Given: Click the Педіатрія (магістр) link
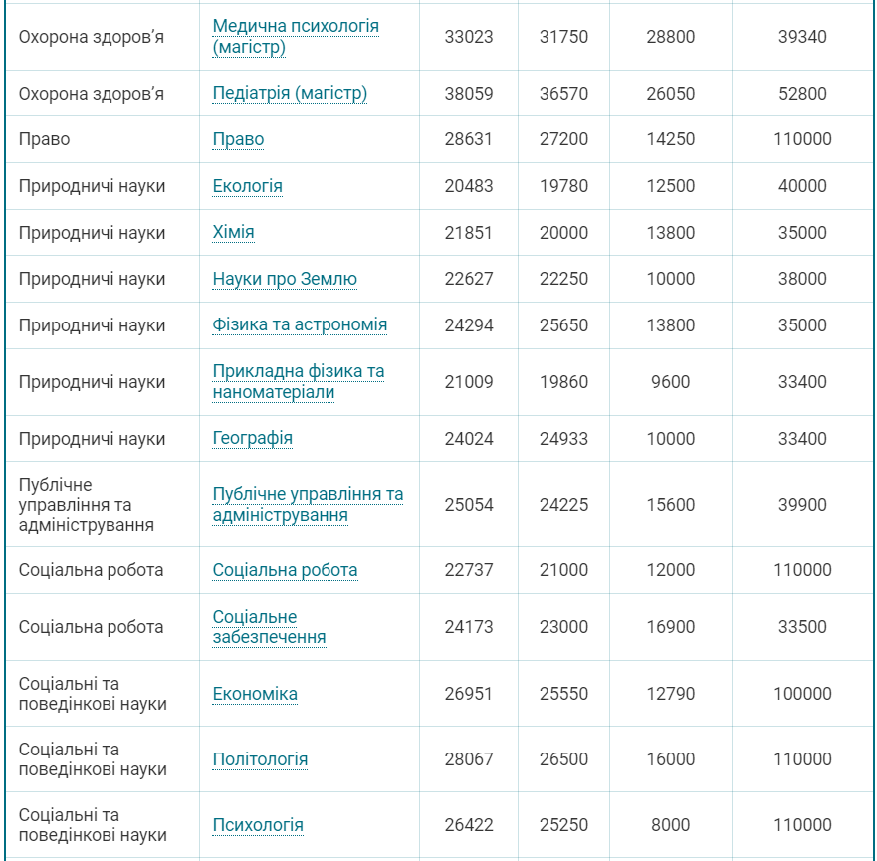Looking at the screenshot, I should pyautogui.click(x=290, y=94).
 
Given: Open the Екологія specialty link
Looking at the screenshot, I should pyautogui.click(x=248, y=186).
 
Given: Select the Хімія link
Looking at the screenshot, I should pyautogui.click(x=234, y=233).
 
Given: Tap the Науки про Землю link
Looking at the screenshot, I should pyautogui.click(x=285, y=279).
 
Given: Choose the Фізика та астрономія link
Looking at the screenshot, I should pyautogui.click(x=300, y=325).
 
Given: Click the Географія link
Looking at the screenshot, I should pyautogui.click(x=253, y=439).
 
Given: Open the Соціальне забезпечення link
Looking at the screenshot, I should pyautogui.click(x=269, y=627).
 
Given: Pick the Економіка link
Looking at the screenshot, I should pyautogui.click(x=255, y=694).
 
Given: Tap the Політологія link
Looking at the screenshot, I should pyautogui.click(x=260, y=759).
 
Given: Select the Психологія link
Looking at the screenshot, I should pyautogui.click(x=258, y=825).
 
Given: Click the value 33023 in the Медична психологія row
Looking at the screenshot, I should pyautogui.click(x=469, y=37).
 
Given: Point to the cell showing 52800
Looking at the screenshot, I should pyautogui.click(x=802, y=94).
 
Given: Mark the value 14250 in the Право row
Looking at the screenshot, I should pyautogui.click(x=670, y=139).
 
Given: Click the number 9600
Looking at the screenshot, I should pyautogui.click(x=670, y=382).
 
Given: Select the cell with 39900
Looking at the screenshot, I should pyautogui.click(x=802, y=505).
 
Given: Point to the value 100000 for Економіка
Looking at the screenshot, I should pyautogui.click(x=802, y=694).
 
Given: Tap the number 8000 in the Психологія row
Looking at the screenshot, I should pyautogui.click(x=670, y=825).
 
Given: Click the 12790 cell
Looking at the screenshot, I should pyautogui.click(x=670, y=694).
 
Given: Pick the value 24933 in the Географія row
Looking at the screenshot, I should pyautogui.click(x=563, y=439).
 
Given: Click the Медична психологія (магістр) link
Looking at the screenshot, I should pyautogui.click(x=296, y=37).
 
